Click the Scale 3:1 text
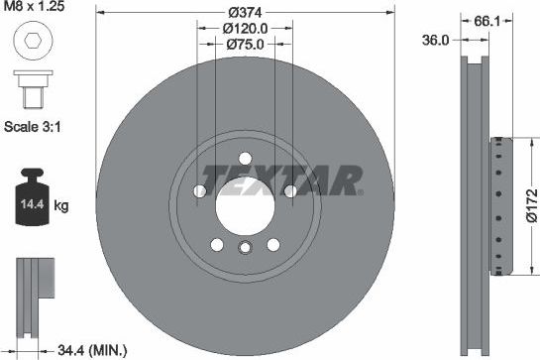tap(32, 127)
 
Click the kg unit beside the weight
tap(61, 206)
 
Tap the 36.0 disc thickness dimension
tap(435, 41)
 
